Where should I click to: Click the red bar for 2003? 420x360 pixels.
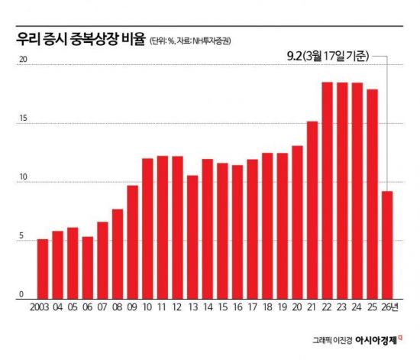43,268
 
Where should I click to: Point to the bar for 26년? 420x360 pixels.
387,244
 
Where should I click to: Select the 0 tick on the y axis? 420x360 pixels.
22,294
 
